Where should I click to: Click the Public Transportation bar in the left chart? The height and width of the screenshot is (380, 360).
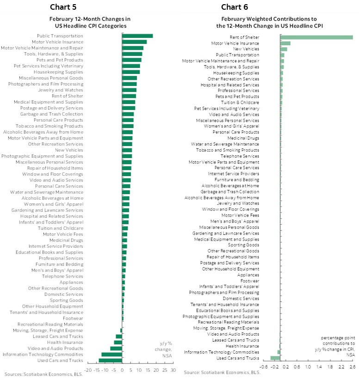click(137, 36)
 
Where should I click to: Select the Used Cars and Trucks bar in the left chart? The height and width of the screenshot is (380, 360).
click(111, 360)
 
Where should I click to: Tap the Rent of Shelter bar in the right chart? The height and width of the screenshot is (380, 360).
click(317, 37)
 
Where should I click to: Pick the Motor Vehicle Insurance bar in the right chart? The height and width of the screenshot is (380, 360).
click(286, 43)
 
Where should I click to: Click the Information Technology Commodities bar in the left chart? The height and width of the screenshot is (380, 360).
click(112, 354)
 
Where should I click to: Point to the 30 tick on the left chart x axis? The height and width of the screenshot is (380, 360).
click(173, 370)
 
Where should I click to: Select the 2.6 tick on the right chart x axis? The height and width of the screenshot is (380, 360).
click(353, 367)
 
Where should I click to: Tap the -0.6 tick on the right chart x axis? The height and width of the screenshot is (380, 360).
click(264, 367)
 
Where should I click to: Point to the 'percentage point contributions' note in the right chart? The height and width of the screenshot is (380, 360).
click(337, 346)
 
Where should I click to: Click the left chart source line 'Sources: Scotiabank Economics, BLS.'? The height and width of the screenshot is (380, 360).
click(37, 374)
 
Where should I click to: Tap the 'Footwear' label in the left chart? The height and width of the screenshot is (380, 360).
click(73, 318)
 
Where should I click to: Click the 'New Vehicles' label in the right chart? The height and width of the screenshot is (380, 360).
click(246, 49)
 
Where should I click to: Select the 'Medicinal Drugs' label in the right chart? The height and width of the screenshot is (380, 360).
click(243, 138)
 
